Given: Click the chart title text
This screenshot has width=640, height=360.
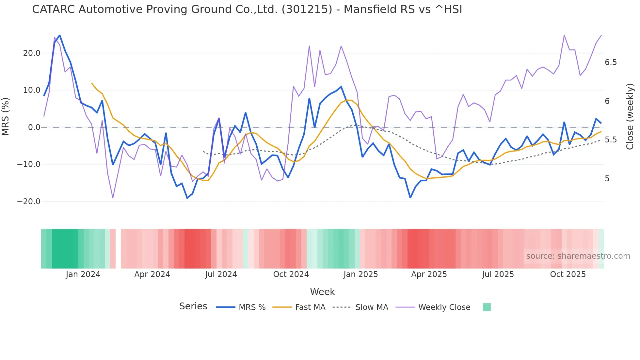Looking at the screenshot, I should [x=247, y=9].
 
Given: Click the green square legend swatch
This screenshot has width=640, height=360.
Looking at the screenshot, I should [x=487, y=307].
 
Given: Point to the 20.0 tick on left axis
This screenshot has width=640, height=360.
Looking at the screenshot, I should [x=32, y=53].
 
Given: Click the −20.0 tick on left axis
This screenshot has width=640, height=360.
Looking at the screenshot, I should [x=29, y=202].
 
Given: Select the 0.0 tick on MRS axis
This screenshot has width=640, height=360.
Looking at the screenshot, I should [x=34, y=127].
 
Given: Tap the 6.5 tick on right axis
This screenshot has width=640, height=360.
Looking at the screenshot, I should [x=611, y=62].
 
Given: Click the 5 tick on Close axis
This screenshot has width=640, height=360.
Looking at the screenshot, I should [x=607, y=179].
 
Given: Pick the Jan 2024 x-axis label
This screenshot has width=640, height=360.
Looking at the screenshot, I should [x=83, y=274].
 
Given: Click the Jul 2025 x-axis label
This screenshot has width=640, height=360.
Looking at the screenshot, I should [x=498, y=274].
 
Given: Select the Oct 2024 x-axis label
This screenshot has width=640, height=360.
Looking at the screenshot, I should [x=291, y=274].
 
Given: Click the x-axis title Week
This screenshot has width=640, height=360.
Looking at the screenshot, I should [x=322, y=292].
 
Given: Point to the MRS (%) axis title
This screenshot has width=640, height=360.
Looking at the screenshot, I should [x=6, y=117].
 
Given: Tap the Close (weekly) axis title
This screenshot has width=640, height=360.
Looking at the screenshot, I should [x=630, y=117].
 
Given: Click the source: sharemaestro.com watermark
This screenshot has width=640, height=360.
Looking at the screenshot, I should [x=578, y=256].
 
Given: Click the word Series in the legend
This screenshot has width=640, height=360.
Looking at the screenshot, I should [x=193, y=306].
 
